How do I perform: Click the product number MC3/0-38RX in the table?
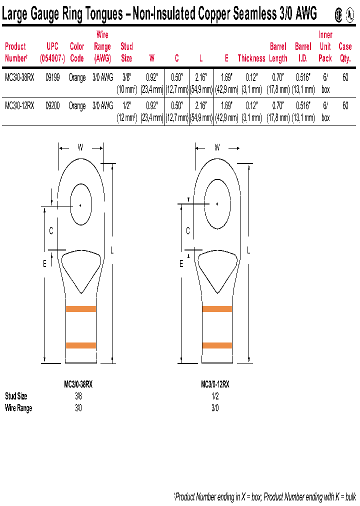19,77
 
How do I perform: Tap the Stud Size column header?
126,52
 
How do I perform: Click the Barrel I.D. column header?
303,52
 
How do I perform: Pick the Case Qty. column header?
345,52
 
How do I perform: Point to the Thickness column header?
251,58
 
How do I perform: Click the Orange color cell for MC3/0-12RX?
77,106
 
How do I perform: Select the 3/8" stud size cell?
126,77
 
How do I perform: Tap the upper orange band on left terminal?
80,309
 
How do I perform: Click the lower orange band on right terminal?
217,345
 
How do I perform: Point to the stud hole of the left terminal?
80,204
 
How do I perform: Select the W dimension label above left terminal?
80,147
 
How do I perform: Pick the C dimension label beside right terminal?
188,230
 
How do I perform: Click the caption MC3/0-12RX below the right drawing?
215,384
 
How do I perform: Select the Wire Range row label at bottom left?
18,408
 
